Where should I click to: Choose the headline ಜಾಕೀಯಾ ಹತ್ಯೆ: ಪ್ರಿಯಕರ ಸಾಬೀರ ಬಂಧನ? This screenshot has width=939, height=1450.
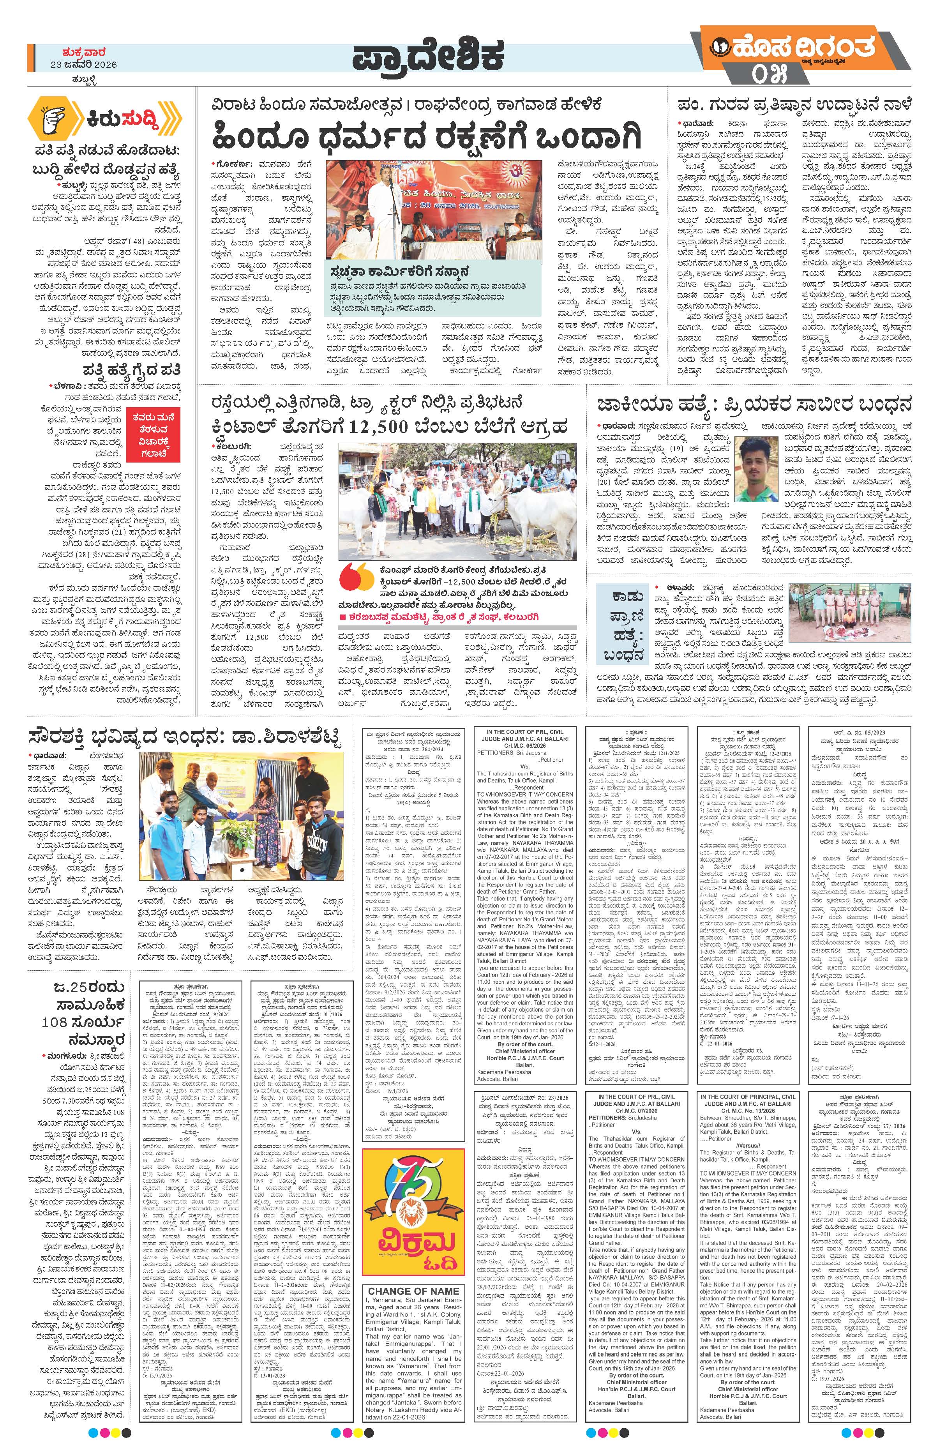(755, 404)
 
